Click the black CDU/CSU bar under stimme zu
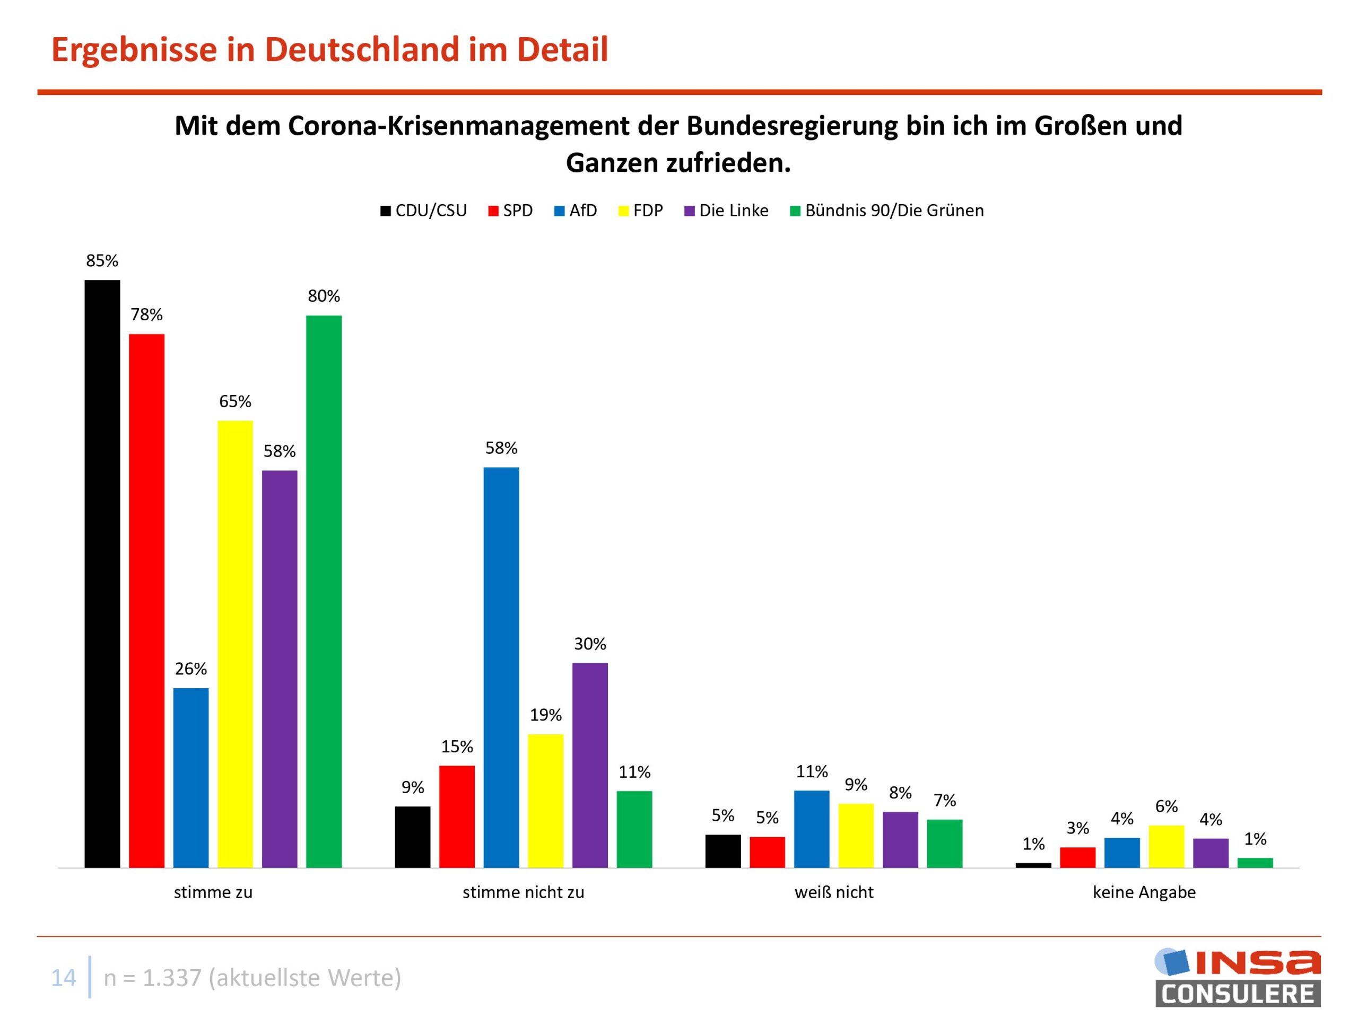click(102, 574)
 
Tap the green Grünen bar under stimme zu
click(324, 592)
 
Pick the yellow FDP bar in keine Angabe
click(1166, 846)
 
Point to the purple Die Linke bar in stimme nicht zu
click(590, 765)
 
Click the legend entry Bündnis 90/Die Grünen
click(886, 210)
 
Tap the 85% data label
click(102, 261)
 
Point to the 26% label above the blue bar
click(191, 669)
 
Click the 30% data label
click(590, 644)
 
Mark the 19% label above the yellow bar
click(546, 715)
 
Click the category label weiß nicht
click(834, 892)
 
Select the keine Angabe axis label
click(1144, 892)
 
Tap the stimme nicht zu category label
click(523, 892)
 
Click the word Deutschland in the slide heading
click(362, 49)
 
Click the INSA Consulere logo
click(1238, 978)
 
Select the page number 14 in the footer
click(63, 978)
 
